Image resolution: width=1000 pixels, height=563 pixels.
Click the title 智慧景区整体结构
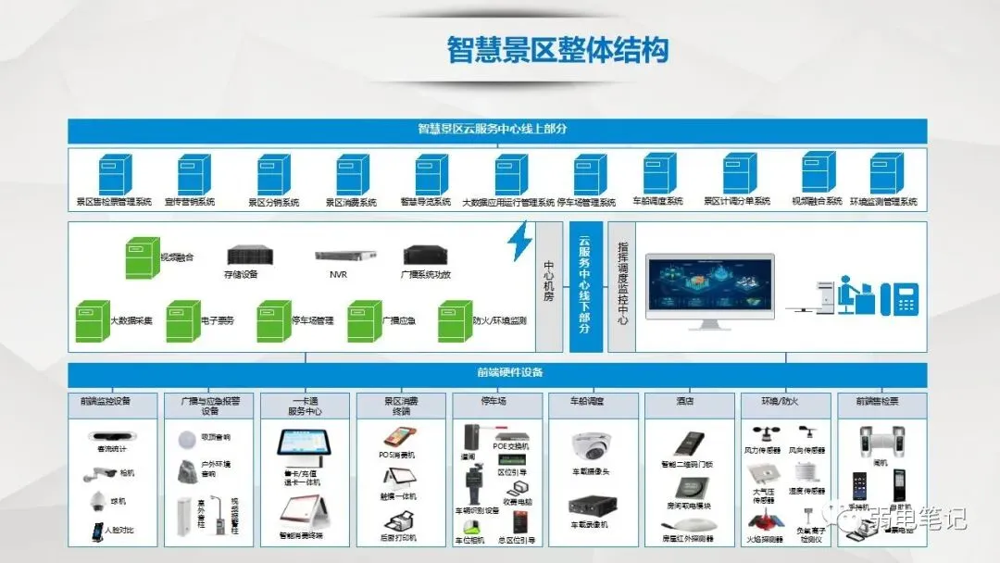(557, 50)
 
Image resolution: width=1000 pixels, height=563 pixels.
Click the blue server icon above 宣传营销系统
(194, 174)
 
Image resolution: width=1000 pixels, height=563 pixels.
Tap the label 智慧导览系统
(426, 202)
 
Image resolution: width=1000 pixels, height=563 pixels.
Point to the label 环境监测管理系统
(883, 202)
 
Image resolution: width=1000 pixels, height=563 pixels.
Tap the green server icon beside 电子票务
(182, 321)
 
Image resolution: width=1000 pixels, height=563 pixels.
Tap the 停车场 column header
(497, 402)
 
